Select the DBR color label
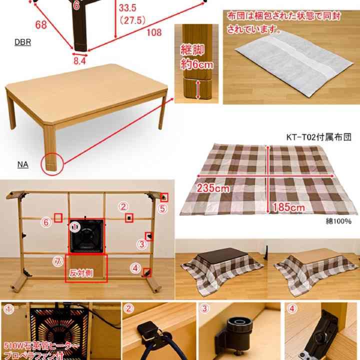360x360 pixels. coord(22,42)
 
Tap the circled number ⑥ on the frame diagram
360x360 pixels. coord(46,222)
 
